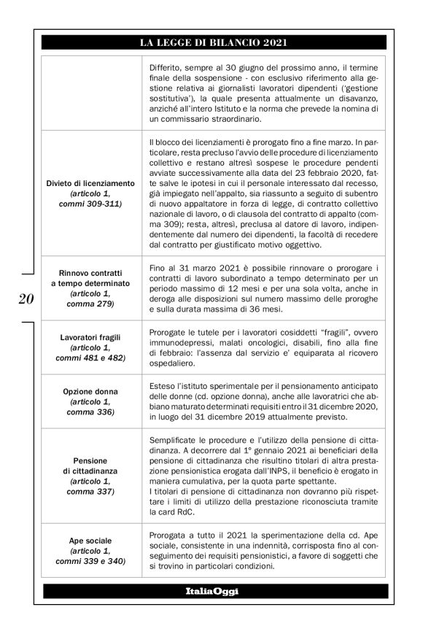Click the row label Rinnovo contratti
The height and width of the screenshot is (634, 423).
tap(90, 272)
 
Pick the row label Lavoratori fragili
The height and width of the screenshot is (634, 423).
tap(90, 339)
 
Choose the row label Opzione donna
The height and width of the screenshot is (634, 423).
tap(90, 392)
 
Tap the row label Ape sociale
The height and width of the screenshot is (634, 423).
tap(90, 541)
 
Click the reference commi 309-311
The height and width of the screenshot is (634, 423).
tap(90, 204)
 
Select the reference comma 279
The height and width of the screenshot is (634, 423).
tap(90, 302)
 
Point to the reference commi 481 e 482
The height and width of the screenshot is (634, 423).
tap(90, 359)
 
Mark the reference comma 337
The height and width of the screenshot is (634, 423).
tap(90, 492)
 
